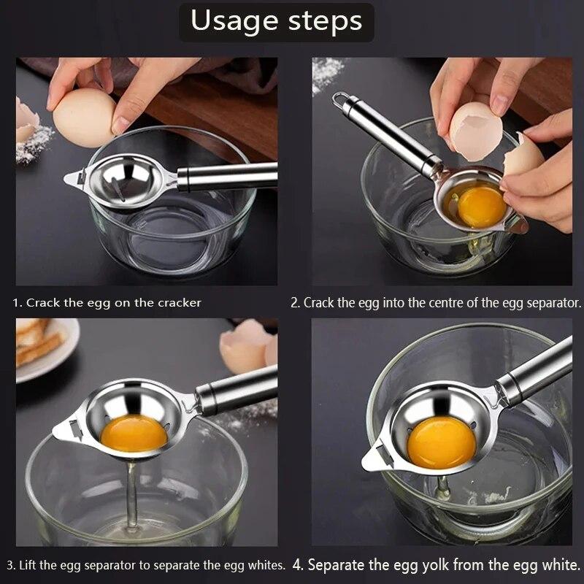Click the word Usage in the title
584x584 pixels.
click(x=234, y=22)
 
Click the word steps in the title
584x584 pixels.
click(x=325, y=22)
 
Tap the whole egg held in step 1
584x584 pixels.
click(x=85, y=118)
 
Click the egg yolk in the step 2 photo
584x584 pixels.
click(x=481, y=207)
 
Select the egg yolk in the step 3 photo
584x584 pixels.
click(x=134, y=433)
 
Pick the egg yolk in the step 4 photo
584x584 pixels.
click(x=441, y=442)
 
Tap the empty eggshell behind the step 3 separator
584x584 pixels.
click(x=247, y=346)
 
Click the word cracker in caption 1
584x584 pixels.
click(x=180, y=303)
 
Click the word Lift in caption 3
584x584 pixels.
click(x=28, y=565)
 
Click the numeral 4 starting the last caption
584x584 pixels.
click(x=297, y=564)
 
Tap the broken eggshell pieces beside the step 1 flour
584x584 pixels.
click(x=27, y=118)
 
